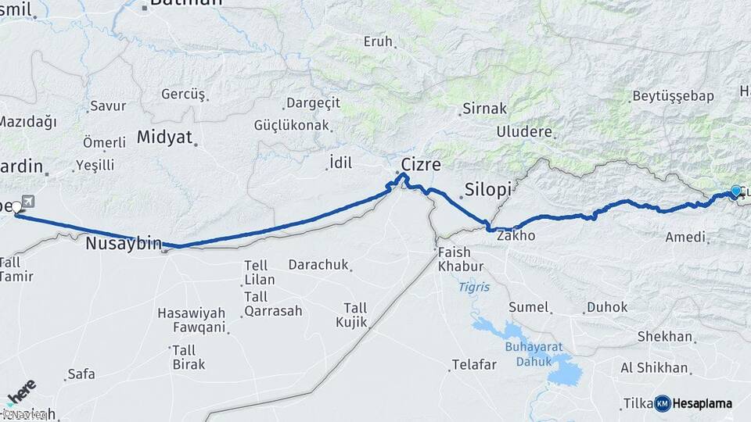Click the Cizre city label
[421, 165]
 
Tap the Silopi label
[487, 189]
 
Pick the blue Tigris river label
[474, 288]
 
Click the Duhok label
[606, 307]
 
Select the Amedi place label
[685, 237]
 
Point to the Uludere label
[524, 131]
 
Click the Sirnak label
[485, 109]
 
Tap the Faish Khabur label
[454, 259]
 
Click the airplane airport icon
[28, 202]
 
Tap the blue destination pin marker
[735, 191]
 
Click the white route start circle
[16, 207]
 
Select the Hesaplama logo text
[702, 403]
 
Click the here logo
[21, 389]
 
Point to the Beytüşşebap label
[672, 97]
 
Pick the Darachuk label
[318, 265]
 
